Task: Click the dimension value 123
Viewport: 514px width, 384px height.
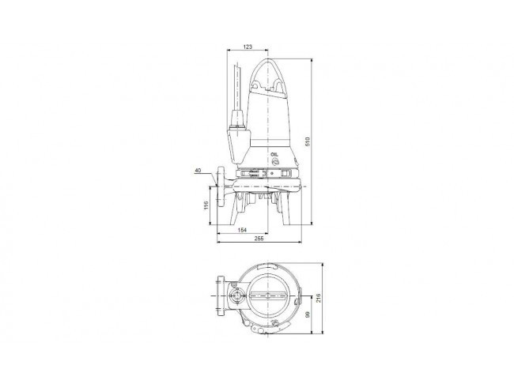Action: point(248,47)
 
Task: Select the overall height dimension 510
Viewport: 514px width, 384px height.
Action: point(307,141)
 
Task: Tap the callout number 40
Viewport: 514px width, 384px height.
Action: point(198,171)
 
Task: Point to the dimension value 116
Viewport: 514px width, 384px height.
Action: point(206,205)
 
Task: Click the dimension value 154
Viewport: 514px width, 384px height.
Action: point(242,230)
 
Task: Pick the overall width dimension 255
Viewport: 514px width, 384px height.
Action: point(259,239)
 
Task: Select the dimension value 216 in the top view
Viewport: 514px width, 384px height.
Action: point(318,298)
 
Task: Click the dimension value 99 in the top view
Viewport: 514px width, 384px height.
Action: point(307,314)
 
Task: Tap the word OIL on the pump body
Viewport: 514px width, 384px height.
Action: point(274,154)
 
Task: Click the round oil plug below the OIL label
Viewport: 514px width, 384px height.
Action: point(276,161)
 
